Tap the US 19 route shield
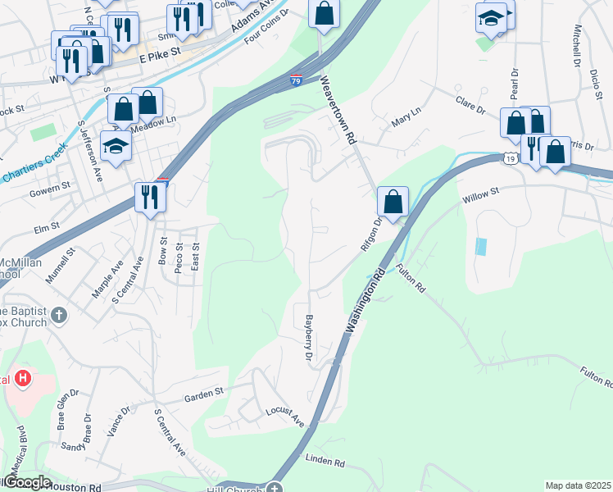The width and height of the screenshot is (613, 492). point(510,158)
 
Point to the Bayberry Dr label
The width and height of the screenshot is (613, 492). point(309,338)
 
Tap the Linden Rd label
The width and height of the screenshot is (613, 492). point(325,461)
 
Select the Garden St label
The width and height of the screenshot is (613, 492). point(204,394)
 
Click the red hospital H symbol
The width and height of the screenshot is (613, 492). point(24,379)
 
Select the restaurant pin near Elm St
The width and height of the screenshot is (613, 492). point(149,197)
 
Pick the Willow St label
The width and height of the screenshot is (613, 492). point(481,194)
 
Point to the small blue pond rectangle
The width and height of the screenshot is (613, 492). point(481,245)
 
